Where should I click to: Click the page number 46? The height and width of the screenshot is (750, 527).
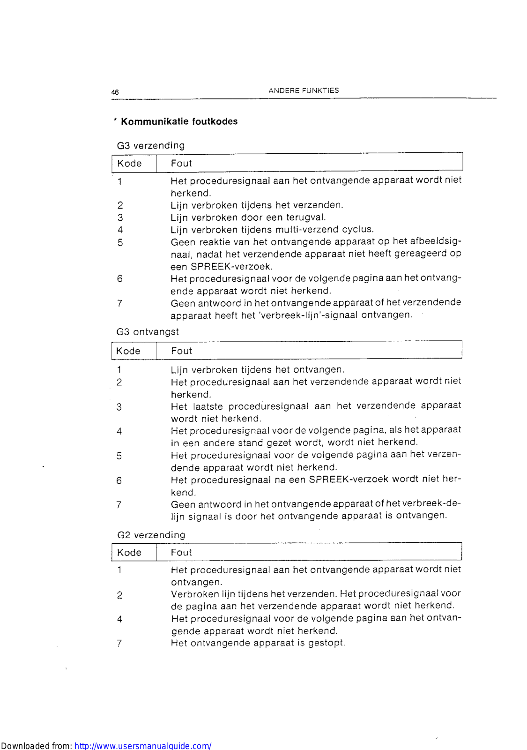click(115, 92)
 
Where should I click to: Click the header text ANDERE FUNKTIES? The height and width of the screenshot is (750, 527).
click(304, 90)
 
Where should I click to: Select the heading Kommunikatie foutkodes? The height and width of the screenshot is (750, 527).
click(179, 121)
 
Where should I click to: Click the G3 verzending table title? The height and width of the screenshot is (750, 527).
click(151, 145)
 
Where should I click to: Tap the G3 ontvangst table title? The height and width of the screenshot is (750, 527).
click(148, 332)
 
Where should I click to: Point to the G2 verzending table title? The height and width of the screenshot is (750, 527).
click(151, 535)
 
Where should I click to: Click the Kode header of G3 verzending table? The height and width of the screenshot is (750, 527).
click(129, 164)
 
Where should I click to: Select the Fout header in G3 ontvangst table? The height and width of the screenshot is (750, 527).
click(181, 351)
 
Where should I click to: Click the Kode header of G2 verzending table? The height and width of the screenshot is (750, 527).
click(129, 553)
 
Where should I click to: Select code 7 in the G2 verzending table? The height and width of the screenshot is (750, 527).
click(119, 644)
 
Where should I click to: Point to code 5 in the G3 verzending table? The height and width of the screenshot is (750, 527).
click(120, 243)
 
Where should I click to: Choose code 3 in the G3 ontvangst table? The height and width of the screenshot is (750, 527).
click(119, 407)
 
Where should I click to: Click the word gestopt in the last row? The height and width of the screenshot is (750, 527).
click(326, 643)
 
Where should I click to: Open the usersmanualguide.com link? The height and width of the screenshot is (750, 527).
click(143, 746)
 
